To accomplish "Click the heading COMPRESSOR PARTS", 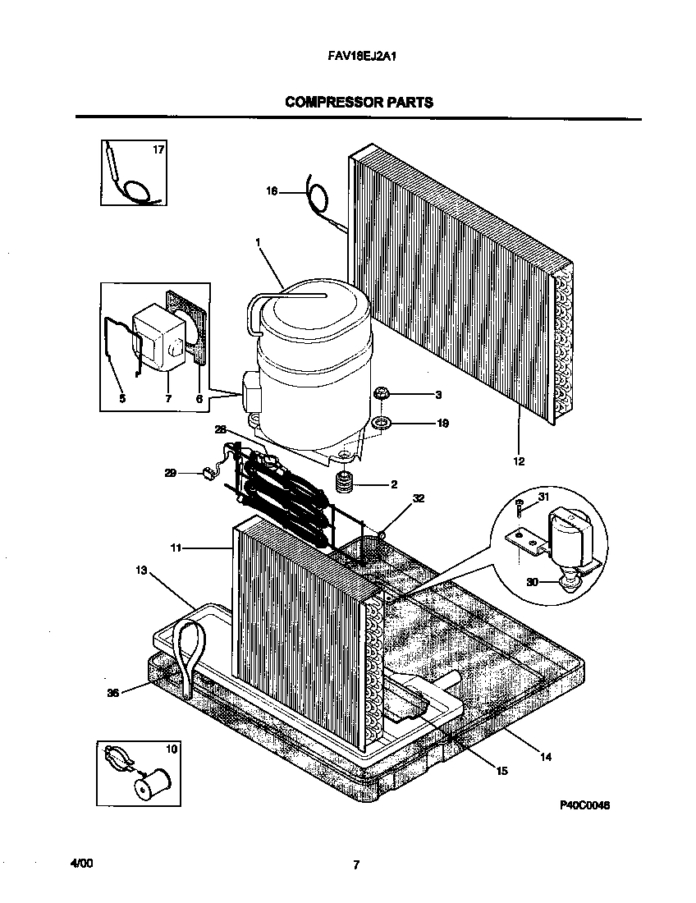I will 359,103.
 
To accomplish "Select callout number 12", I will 519,461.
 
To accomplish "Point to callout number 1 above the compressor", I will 258,242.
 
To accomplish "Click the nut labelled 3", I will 381,395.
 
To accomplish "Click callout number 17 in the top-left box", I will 158,150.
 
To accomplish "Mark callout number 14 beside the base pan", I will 546,757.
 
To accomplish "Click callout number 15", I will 502,769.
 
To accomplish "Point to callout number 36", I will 113,693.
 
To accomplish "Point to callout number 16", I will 272,191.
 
